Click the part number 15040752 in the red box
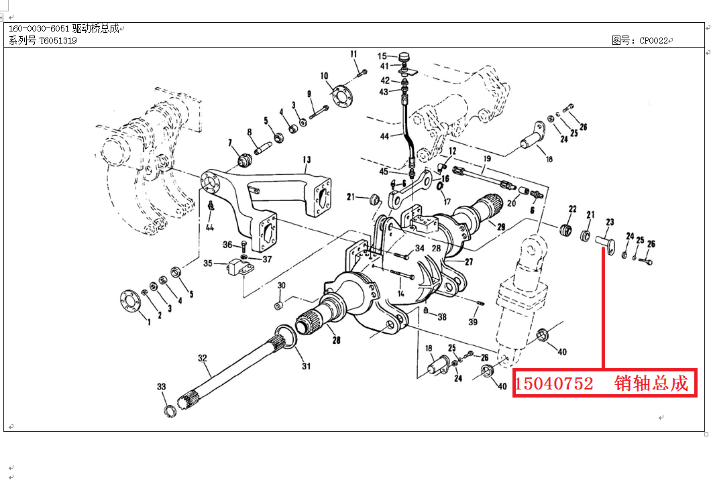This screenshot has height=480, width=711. [554, 384]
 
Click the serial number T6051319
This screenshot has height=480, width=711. [58, 41]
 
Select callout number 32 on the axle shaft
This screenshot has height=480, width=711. [203, 358]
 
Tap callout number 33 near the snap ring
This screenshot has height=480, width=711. [161, 387]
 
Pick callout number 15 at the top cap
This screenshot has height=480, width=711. [382, 56]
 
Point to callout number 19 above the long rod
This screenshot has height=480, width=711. [487, 159]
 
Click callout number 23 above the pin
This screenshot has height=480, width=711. [610, 222]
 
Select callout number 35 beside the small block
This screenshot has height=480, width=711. [208, 263]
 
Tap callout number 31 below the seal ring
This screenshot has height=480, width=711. [307, 366]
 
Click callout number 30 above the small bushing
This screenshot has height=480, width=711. [282, 286]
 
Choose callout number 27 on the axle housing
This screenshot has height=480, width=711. [469, 262]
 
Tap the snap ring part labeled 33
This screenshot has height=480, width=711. [172, 408]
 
